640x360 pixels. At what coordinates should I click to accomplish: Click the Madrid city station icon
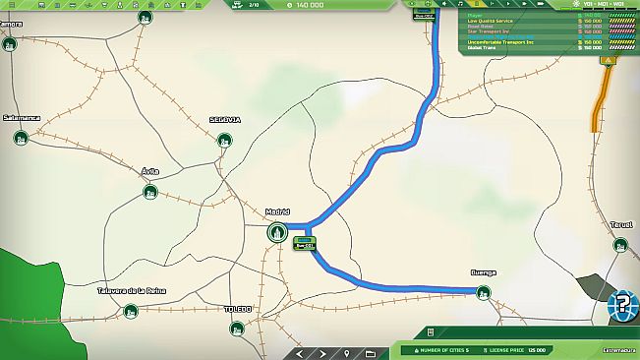(277, 233)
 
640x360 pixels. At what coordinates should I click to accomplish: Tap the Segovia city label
(225, 120)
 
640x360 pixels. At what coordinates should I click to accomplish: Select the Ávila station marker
(149, 192)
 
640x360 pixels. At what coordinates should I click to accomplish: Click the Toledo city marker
(238, 328)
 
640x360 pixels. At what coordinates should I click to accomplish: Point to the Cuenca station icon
(483, 292)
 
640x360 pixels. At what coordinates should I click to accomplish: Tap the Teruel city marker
(620, 245)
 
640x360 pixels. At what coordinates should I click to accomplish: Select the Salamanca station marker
(21, 138)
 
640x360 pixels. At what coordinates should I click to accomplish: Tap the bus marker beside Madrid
(305, 242)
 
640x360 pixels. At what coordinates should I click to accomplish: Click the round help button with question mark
(621, 304)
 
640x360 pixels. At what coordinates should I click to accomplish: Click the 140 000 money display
(307, 5)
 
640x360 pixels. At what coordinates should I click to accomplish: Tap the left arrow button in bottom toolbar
(302, 353)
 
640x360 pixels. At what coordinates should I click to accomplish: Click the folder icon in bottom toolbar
(371, 353)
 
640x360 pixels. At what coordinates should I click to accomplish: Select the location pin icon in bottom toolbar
(348, 353)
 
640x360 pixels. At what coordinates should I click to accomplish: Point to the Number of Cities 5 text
(441, 350)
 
